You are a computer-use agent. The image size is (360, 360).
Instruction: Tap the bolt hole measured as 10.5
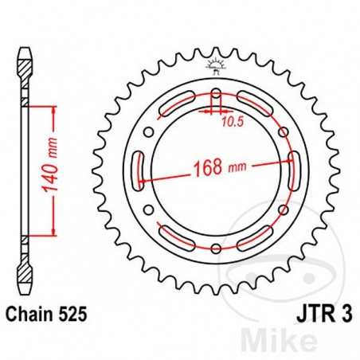pyautogui.click(x=216, y=94)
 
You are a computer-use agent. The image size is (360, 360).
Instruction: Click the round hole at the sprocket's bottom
pyautogui.click(x=216, y=248)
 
